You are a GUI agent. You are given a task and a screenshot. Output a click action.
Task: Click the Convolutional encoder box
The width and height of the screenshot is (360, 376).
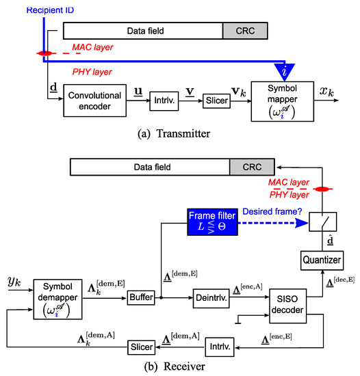[95, 100]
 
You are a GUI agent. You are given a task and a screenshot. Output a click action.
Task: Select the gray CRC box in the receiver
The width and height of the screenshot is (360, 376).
[253, 166]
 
